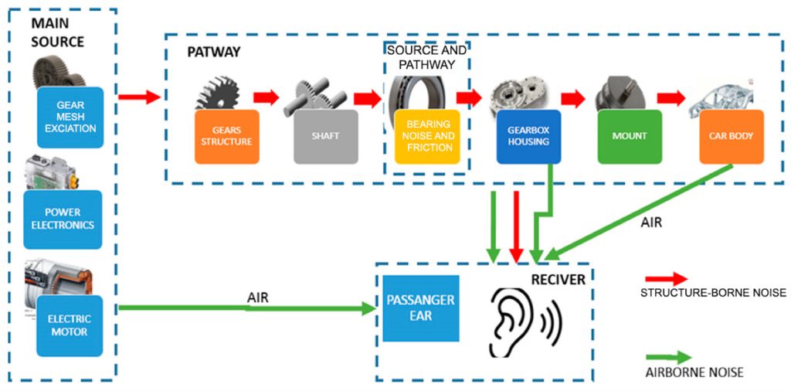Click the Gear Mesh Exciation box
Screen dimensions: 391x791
pyautogui.click(x=70, y=117)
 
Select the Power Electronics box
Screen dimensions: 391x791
pyautogui.click(x=63, y=219)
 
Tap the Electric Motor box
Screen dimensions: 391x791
pyautogui.click(x=70, y=325)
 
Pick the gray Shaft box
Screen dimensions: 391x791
pyautogui.click(x=326, y=136)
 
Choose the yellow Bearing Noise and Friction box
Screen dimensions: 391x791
pyautogui.click(x=426, y=136)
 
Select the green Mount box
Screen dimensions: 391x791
pyautogui.click(x=630, y=136)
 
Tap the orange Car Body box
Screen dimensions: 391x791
pyautogui.click(x=731, y=136)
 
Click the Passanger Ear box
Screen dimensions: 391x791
pyautogui.click(x=421, y=308)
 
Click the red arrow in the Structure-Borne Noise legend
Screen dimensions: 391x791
pyautogui.click(x=669, y=279)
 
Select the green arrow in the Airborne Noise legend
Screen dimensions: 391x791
pyautogui.click(x=669, y=358)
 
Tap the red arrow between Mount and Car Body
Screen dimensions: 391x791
pyautogui.click(x=670, y=98)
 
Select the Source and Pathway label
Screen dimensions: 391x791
pyautogui.click(x=426, y=57)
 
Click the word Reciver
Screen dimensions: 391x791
pyautogui.click(x=558, y=279)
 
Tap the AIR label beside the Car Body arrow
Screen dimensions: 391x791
pyautogui.click(x=650, y=222)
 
